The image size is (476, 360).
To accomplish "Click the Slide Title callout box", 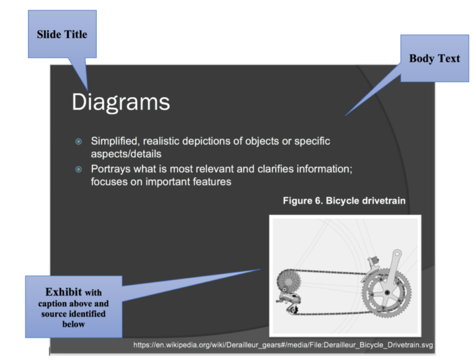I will pyautogui.click(x=62, y=34).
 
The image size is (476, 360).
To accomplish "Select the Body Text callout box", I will pyautogui.click(x=434, y=58).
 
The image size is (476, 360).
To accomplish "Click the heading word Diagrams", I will pyautogui.click(x=121, y=102).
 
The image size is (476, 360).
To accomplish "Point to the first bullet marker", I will pyautogui.click(x=78, y=141).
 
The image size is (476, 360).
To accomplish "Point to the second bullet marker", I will pyautogui.click(x=78, y=169).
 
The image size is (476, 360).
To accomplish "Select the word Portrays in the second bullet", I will pyautogui.click(x=111, y=169).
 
